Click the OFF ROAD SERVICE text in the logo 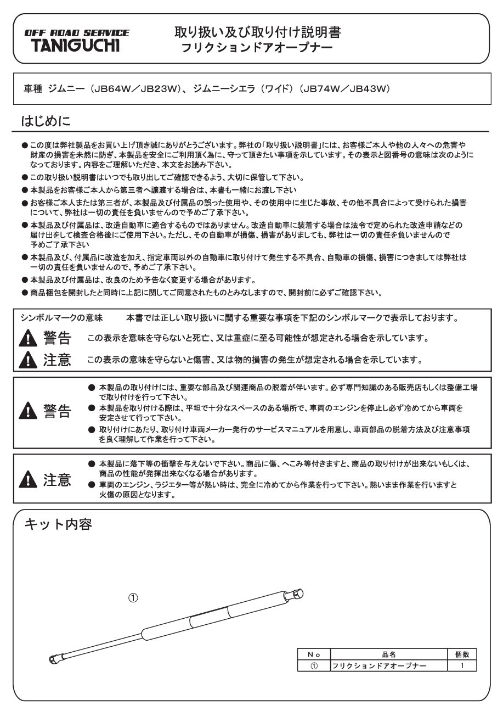(x=77, y=33)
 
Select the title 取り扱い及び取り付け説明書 (x=257, y=32)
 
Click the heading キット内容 (x=58, y=525)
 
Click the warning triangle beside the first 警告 (x=28, y=337)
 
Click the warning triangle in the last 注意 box (x=28, y=481)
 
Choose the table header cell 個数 (x=462, y=654)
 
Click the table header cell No (x=314, y=654)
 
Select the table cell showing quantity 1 (x=462, y=665)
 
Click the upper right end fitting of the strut (x=296, y=595)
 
